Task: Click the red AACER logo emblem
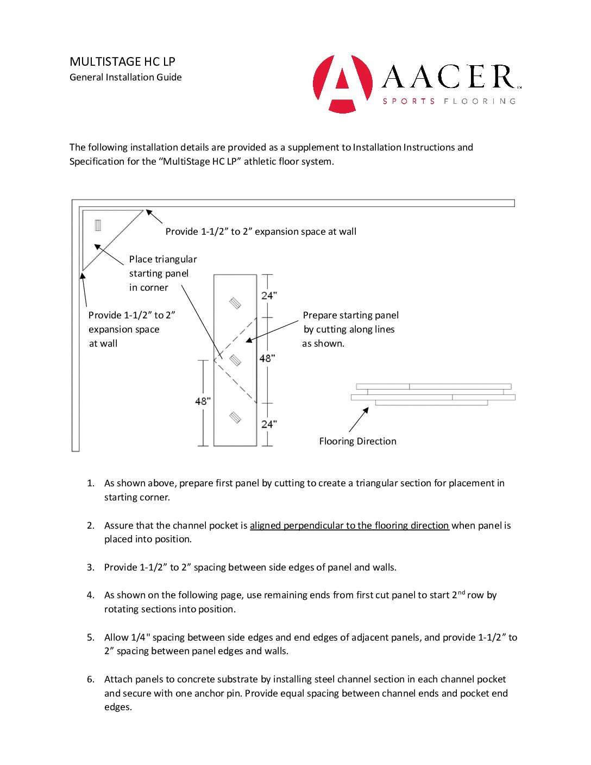tap(343, 84)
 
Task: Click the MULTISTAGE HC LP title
tap(122, 61)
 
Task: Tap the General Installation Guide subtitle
tap(125, 77)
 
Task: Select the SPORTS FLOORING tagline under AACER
tap(449, 101)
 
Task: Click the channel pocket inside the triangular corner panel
tap(98, 225)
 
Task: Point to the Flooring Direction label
tap(357, 441)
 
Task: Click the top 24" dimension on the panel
tap(269, 296)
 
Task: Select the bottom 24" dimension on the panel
tap(269, 424)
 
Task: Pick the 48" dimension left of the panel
tap(203, 401)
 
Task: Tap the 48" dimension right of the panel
tap(267, 358)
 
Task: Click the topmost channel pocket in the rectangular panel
tap(235, 303)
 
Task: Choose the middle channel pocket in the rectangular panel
tap(235, 360)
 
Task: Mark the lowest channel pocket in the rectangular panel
tap(235, 417)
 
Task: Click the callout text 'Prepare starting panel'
tap(350, 315)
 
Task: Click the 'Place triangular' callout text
tap(163, 259)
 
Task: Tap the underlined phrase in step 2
tap(349, 525)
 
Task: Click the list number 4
tap(90, 595)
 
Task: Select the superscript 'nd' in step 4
tap(461, 592)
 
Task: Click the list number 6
tap(90, 679)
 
